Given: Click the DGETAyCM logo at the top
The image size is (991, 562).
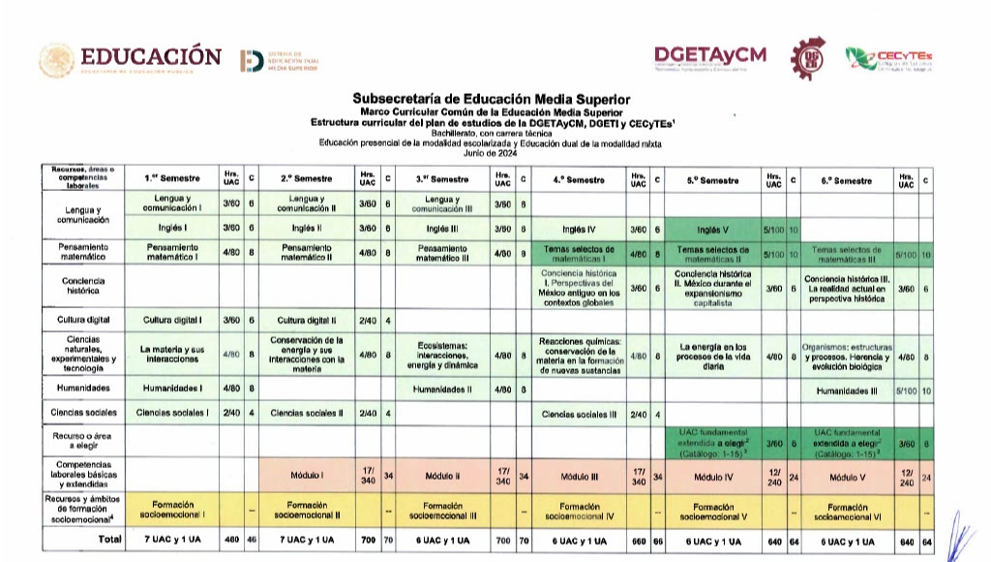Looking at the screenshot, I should coord(710,56).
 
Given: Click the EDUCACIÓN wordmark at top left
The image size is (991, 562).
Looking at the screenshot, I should coord(150,57).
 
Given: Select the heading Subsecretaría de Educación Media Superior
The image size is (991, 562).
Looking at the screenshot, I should coord(491,99).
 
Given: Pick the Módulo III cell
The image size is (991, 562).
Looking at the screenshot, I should coord(579,477).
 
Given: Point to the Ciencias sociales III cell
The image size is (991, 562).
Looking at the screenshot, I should coord(579,414).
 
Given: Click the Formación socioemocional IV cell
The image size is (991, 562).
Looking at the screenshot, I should coord(579,511).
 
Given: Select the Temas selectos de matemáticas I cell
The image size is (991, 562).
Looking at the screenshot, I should coord(579,254).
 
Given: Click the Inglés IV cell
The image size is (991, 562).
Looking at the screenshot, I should coord(579,230).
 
